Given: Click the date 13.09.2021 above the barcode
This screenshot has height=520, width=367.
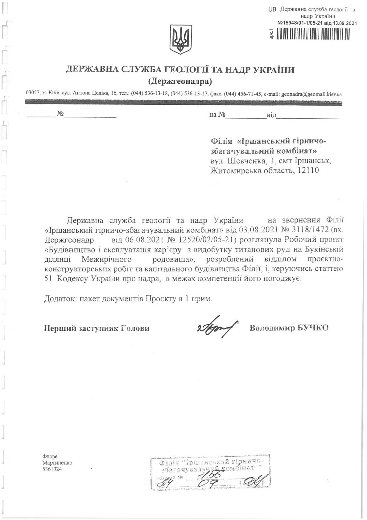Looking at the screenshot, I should click(345, 23).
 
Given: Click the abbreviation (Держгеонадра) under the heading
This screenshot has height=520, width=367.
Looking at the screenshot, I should click(180, 81).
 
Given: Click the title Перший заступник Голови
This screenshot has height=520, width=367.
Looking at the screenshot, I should click(97, 328).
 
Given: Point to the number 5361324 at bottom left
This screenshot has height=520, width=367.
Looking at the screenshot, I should click(52, 469).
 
